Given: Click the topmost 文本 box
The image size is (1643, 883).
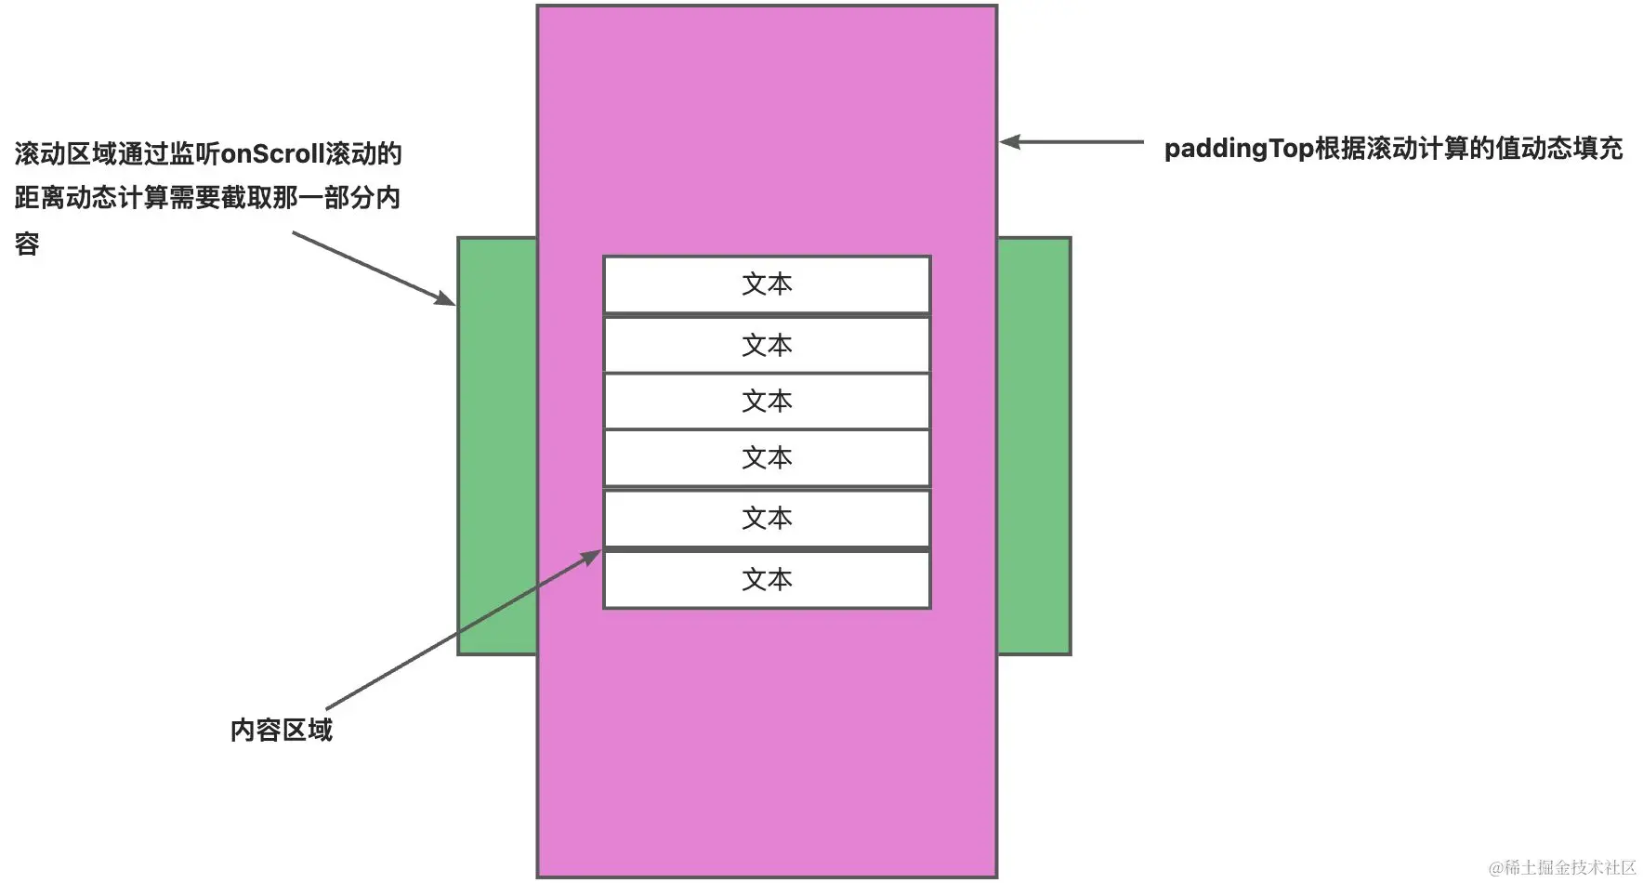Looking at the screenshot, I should pos(767,284).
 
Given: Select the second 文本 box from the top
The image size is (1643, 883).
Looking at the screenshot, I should pos(767,345).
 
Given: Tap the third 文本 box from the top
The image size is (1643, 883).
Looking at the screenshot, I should pos(767,402).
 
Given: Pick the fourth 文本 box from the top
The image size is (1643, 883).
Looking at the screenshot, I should pos(767,458).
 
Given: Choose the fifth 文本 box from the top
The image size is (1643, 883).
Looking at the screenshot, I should pos(767,519).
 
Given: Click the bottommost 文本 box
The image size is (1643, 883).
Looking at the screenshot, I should pos(767,580).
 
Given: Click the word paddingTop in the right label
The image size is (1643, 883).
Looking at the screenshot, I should pos(1238,149).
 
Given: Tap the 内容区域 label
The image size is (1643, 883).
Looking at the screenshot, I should pos(281,730).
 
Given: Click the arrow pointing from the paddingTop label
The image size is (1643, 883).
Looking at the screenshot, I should pos(1073,142).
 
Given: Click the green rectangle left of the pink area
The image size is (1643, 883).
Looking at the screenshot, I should pos(497,446).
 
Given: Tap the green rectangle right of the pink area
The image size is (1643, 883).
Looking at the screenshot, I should pos(1034,446).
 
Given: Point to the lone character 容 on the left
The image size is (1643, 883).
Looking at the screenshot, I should pos(27,244).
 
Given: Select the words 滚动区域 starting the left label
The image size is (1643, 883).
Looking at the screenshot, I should pos(66,154).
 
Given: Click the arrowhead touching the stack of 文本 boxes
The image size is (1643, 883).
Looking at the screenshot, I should pos(592,557).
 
